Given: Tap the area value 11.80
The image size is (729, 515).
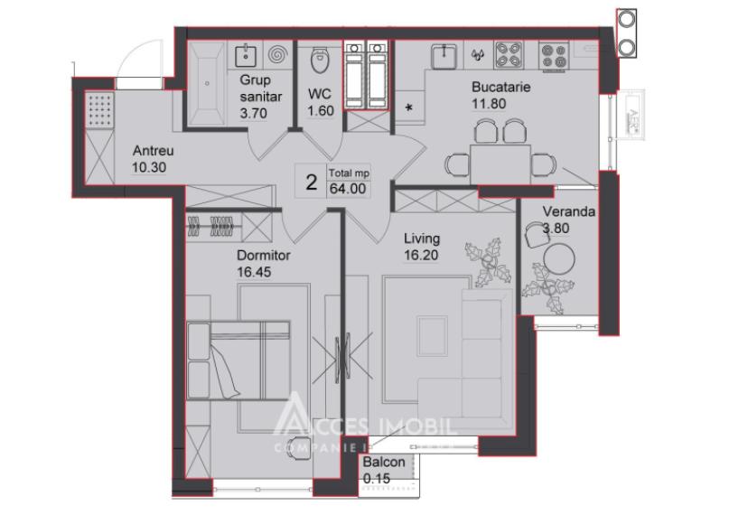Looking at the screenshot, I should (x=489, y=103).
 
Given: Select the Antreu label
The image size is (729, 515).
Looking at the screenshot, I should (x=152, y=151).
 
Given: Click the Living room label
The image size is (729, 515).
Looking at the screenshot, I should (x=421, y=239).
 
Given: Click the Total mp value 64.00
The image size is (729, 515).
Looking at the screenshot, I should (x=348, y=189).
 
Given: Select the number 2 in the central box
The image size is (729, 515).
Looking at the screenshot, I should (x=312, y=183).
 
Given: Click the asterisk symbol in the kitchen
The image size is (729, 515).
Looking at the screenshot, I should (x=410, y=109).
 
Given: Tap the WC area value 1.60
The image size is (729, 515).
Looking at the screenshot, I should (x=321, y=112).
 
